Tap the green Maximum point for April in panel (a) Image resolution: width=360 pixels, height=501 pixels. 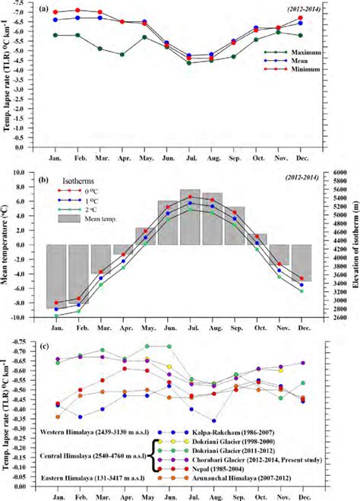(122, 55)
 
